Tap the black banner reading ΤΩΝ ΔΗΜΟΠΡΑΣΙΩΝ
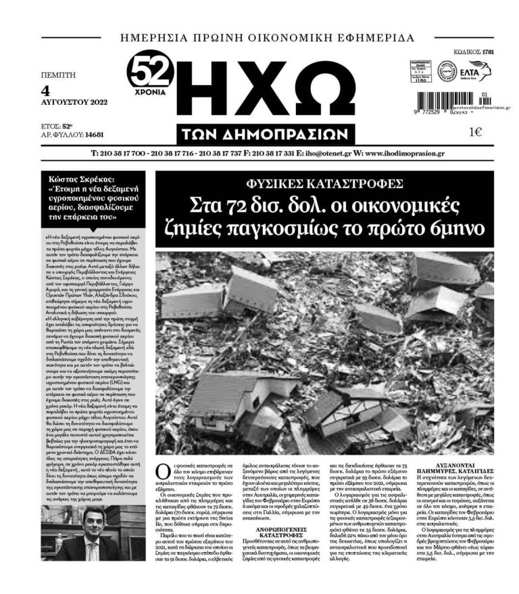coord(269,132)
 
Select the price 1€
coord(473,132)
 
